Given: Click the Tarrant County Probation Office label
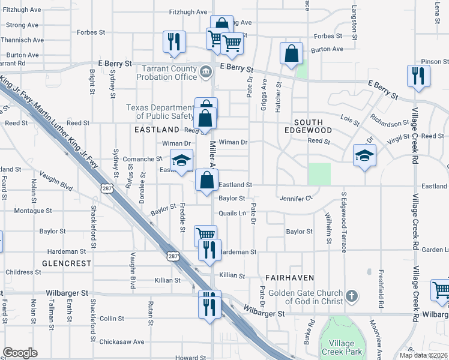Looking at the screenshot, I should (x=167, y=73).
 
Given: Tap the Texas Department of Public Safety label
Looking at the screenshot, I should (x=159, y=112).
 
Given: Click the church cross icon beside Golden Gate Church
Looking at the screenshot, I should (x=352, y=296).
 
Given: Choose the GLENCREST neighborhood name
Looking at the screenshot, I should (x=67, y=263).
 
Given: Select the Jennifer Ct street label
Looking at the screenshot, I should (x=296, y=198).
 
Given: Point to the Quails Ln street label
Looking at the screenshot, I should (x=234, y=213).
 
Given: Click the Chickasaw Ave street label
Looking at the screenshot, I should (x=122, y=342).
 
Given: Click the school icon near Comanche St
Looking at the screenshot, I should (x=181, y=160).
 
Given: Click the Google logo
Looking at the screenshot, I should (x=20, y=353).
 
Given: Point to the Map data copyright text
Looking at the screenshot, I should (x=423, y=355).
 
